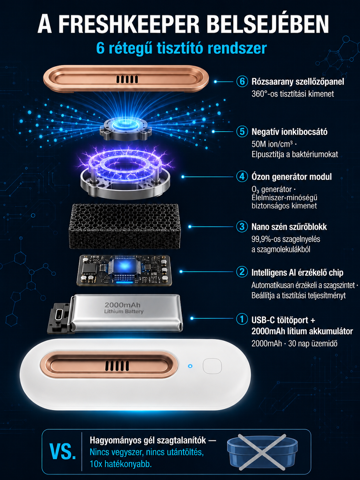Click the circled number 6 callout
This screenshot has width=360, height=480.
(242, 81)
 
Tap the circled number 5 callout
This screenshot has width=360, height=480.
(242, 132)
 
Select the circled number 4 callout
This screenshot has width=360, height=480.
(242, 176)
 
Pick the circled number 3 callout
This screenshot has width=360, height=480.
(242, 227)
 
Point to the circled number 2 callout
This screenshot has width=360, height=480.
(242, 272)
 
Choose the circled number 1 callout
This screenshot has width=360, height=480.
(242, 319)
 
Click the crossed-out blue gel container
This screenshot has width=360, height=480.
(262, 452)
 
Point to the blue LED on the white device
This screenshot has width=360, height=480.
(190, 366)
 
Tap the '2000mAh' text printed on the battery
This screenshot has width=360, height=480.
(122, 305)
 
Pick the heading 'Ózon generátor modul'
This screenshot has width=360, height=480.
(291, 177)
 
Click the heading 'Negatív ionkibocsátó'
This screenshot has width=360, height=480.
(289, 132)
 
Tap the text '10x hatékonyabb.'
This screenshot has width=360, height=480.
(120, 464)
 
